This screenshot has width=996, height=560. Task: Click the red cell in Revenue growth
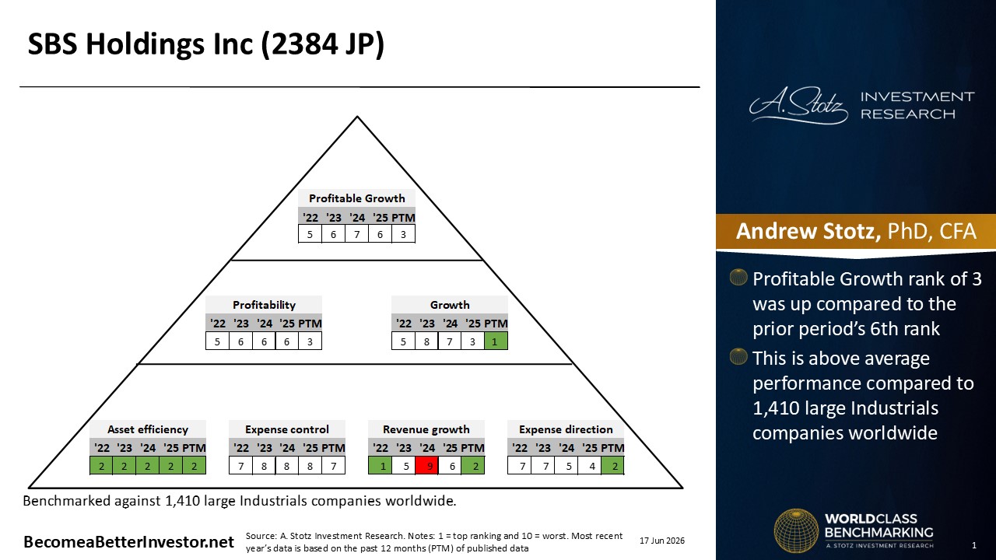click(x=427, y=466)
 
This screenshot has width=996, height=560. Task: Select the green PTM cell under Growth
click(x=496, y=341)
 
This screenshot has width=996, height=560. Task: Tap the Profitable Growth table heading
click(x=356, y=198)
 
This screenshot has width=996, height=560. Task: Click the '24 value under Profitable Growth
click(x=356, y=234)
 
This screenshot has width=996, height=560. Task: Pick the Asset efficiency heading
click(x=148, y=429)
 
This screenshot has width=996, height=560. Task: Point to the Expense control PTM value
click(x=334, y=466)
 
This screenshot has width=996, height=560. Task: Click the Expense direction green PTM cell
click(x=612, y=466)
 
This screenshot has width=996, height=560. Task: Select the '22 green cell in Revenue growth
click(x=381, y=466)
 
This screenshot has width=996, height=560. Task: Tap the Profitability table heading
click(x=264, y=305)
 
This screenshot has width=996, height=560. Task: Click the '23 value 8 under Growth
click(x=426, y=341)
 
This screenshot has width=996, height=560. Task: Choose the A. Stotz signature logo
click(x=798, y=105)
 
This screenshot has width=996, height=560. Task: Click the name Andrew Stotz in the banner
click(x=808, y=231)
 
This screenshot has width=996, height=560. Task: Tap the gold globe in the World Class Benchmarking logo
click(x=796, y=530)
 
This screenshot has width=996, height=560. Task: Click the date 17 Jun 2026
click(x=662, y=541)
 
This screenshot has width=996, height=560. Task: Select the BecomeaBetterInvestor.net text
click(x=128, y=542)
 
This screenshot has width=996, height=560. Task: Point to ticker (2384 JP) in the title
click(x=322, y=44)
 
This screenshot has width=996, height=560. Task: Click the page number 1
click(x=974, y=545)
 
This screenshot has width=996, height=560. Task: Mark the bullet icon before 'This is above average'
click(x=738, y=356)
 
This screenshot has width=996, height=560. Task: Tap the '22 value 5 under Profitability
click(x=217, y=341)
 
